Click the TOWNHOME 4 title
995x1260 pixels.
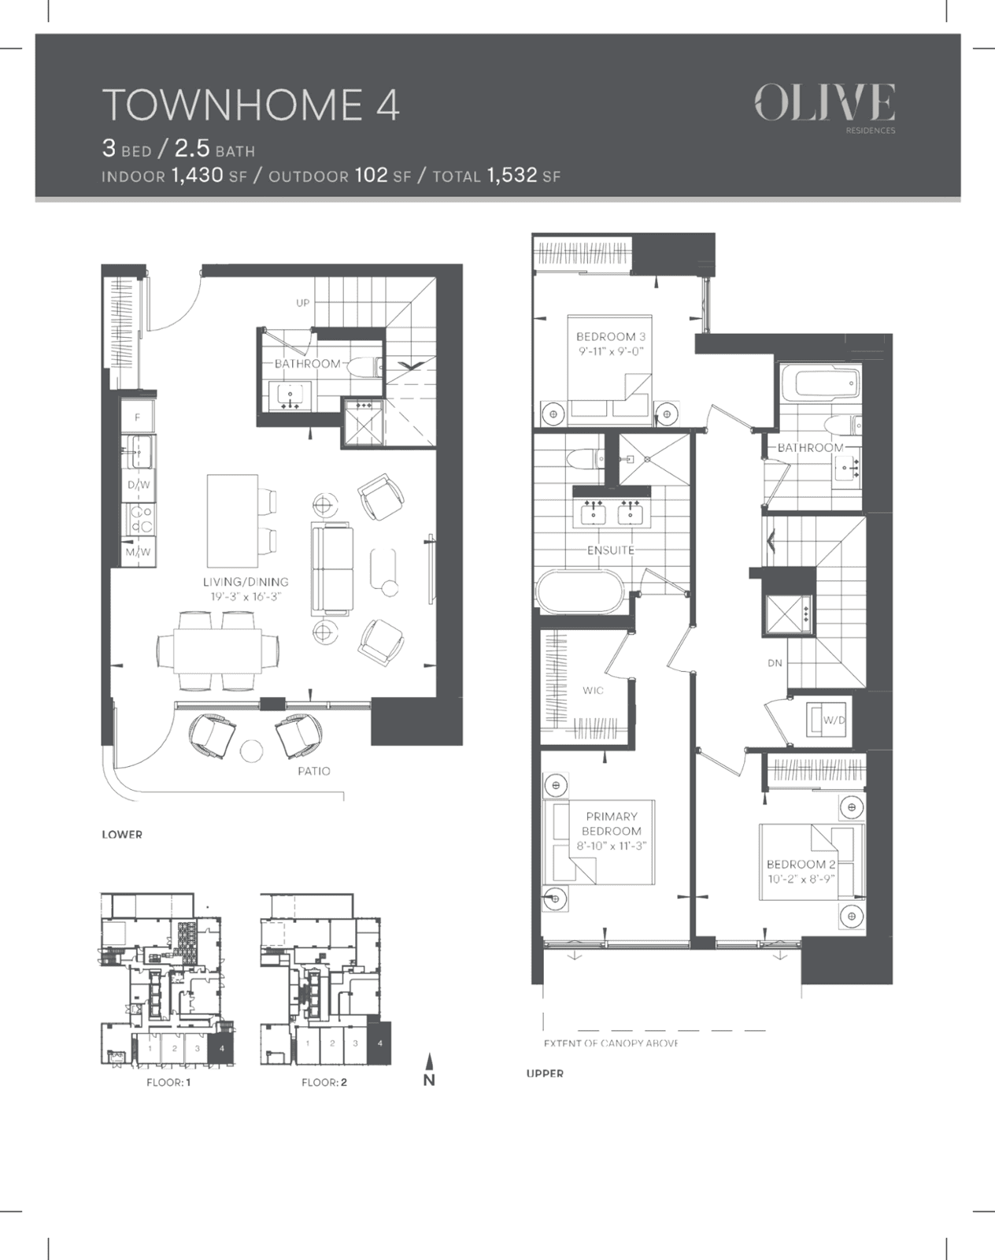[251, 106]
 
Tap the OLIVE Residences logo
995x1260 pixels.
[825, 109]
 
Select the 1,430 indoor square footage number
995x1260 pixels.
[198, 175]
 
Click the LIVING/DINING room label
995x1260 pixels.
[246, 581]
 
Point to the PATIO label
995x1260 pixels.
[314, 771]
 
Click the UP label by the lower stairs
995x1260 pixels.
[302, 302]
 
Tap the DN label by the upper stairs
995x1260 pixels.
[775, 663]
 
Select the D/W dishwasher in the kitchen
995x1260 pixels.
[139, 485]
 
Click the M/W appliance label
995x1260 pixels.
[139, 551]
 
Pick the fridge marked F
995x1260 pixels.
[138, 417]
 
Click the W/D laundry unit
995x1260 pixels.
[827, 720]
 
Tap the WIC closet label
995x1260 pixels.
[593, 691]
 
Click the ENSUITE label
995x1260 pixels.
[611, 550]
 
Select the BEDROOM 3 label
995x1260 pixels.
[611, 337]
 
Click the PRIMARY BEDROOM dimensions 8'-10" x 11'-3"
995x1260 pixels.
[611, 846]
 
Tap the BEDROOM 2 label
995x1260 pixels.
[801, 864]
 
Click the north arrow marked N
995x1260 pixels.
[429, 1069]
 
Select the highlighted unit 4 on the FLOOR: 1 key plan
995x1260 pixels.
[221, 1049]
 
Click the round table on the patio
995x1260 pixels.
[252, 751]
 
